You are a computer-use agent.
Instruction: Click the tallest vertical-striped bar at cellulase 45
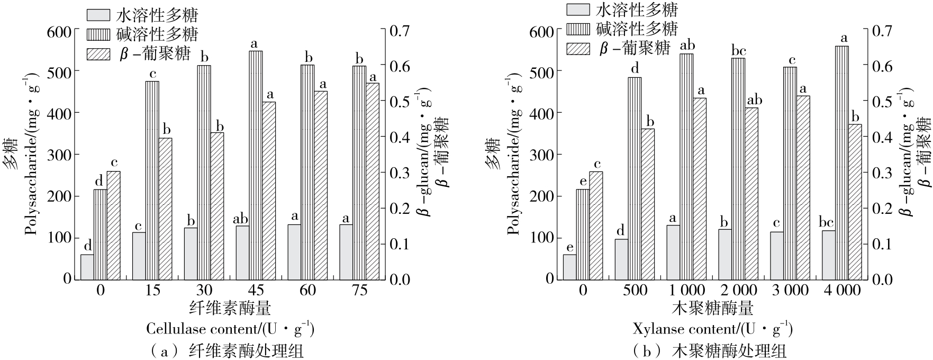(256, 164)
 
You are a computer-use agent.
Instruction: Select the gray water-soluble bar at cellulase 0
(87, 266)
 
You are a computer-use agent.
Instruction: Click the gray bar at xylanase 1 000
(673, 252)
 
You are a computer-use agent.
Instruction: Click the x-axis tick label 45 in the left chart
(256, 291)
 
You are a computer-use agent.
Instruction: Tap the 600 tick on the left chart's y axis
(59, 31)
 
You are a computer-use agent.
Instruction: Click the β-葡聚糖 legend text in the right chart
(635, 49)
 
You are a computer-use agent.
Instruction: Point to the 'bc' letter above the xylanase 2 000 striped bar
(738, 51)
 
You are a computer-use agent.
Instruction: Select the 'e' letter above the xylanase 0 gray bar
(569, 247)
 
